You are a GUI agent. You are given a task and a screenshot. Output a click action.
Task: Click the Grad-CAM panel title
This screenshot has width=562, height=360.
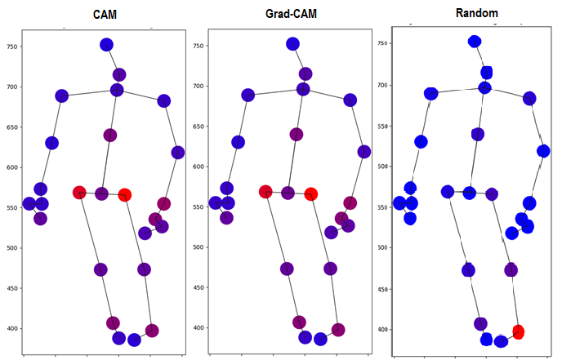pyautogui.click(x=292, y=15)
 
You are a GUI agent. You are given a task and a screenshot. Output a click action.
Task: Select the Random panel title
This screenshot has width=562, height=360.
pyautogui.click(x=477, y=13)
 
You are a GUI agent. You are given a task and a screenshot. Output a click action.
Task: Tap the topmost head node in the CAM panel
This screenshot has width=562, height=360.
pyautogui.click(x=106, y=45)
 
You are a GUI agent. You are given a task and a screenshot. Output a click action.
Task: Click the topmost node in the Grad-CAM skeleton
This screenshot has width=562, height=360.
pyautogui.click(x=292, y=44)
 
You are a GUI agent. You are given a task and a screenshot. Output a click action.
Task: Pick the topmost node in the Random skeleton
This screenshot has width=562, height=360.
pyautogui.click(x=475, y=42)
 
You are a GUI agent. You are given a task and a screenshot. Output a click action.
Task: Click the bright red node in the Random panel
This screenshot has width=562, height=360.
pyautogui.click(x=518, y=331)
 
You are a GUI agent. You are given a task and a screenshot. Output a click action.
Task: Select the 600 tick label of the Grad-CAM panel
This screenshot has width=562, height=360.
pyautogui.click(x=198, y=167)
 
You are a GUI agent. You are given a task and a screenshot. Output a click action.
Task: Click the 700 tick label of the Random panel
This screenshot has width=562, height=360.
pyautogui.click(x=383, y=85)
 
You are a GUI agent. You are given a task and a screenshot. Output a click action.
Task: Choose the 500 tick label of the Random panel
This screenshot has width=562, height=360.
pyautogui.click(x=383, y=247)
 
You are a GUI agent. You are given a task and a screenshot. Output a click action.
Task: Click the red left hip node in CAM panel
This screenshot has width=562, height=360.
pyautogui.click(x=79, y=193)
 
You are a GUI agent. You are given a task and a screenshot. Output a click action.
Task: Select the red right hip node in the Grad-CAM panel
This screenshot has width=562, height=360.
pyautogui.click(x=310, y=194)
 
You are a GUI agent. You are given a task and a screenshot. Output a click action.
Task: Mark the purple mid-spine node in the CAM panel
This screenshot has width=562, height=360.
pyautogui.click(x=110, y=135)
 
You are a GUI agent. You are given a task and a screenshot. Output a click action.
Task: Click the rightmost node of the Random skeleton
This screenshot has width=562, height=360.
pyautogui.click(x=544, y=151)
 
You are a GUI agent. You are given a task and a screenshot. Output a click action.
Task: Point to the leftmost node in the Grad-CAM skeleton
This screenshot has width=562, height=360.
pyautogui.click(x=216, y=202)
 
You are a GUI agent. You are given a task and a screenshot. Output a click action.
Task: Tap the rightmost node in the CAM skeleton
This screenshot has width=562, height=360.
pyautogui.click(x=178, y=153)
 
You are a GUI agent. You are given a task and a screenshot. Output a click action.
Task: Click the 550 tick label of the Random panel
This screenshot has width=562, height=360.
pyautogui.click(x=383, y=207)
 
